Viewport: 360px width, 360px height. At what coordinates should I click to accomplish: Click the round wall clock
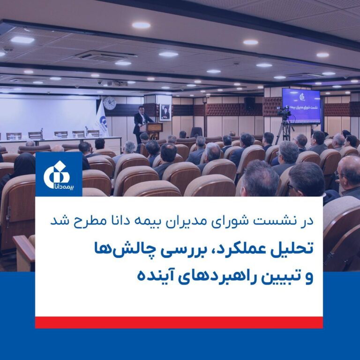click(110, 103)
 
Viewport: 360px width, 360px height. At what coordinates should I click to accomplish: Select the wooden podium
click(154, 131)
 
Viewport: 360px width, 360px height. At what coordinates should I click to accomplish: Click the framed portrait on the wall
click(165, 112)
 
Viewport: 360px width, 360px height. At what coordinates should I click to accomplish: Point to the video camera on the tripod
click(284, 112)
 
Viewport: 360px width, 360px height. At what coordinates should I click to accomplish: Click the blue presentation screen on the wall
click(301, 106)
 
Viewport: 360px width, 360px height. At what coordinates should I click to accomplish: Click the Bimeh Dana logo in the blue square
click(59, 174)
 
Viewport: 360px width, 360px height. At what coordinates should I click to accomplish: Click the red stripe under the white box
click(179, 322)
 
